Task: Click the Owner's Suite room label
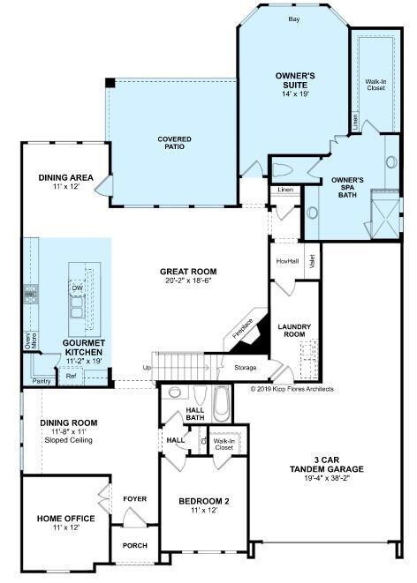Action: click(295, 80)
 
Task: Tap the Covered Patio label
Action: click(174, 143)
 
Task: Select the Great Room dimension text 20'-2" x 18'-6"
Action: click(188, 280)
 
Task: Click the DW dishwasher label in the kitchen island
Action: click(78, 288)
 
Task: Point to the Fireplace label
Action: click(242, 329)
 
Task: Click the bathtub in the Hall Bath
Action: click(222, 404)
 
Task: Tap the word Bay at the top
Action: click(294, 19)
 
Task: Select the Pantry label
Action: click(42, 381)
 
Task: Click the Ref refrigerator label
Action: click(71, 376)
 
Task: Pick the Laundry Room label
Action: click(294, 330)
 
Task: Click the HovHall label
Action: click(287, 261)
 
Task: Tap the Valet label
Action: click(312, 261)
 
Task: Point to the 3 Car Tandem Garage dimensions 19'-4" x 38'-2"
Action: click(327, 478)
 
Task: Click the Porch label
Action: click(135, 545)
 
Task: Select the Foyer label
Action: click(135, 498)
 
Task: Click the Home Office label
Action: click(66, 519)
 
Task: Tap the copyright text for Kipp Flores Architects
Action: click(292, 389)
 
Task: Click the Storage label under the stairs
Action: click(245, 367)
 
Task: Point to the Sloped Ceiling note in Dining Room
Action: click(69, 440)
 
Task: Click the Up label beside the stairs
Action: click(147, 368)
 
